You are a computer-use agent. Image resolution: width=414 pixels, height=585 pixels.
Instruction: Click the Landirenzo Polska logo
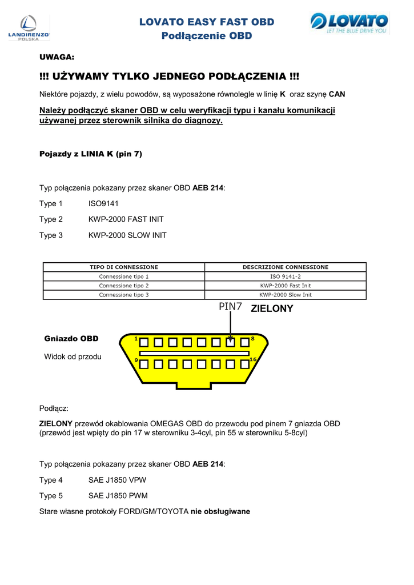(x=29, y=27)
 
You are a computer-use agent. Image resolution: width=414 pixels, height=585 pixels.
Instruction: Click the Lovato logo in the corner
(x=349, y=24)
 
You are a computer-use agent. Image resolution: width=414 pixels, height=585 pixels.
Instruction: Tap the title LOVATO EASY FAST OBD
(x=207, y=22)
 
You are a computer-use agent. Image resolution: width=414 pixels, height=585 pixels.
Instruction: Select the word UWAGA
(x=57, y=58)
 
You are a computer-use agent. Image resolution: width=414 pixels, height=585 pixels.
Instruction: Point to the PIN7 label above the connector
(x=231, y=307)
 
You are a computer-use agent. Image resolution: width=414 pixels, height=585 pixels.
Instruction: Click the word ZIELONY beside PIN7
(x=272, y=308)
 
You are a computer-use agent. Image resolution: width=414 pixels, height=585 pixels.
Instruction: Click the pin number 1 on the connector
(x=136, y=339)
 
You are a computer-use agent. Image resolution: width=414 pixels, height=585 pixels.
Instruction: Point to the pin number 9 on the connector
(x=136, y=360)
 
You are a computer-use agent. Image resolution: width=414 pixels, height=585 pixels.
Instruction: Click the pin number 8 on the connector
(x=252, y=339)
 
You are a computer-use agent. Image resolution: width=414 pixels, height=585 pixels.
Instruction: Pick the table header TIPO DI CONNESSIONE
(x=124, y=267)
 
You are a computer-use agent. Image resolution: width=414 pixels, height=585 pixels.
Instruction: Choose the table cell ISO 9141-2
(x=286, y=276)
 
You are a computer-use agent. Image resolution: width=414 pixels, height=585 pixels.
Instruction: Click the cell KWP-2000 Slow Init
(x=286, y=295)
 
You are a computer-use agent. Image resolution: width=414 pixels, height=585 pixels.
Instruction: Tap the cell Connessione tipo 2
(x=124, y=285)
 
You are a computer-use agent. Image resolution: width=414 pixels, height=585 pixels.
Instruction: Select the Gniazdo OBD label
(x=71, y=339)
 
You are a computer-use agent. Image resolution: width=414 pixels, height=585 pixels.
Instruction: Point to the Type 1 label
(x=51, y=203)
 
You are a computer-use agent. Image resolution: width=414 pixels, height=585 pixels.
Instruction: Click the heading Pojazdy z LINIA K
(x=90, y=154)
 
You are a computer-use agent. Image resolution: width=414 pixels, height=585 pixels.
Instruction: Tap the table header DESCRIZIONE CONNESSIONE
(x=286, y=267)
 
